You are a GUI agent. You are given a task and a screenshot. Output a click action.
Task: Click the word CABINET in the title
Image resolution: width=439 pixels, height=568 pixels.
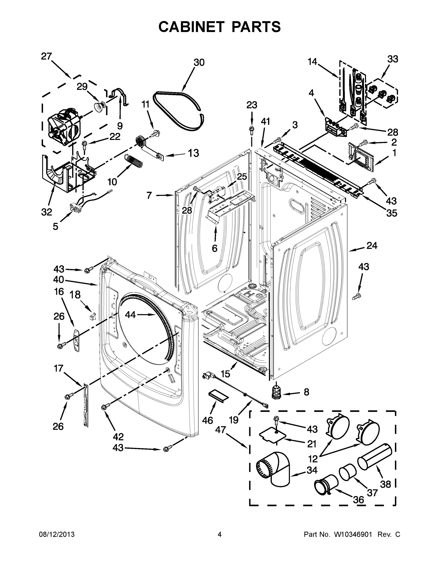pyautogui.click(x=191, y=27)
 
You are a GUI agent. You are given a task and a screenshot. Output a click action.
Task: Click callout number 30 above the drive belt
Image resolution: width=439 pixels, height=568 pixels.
pyautogui.click(x=199, y=62)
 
